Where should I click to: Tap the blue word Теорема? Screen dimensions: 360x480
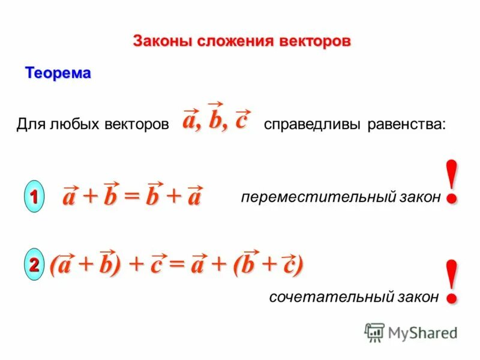tap(58, 74)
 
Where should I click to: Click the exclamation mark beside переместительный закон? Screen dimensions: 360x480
tap(454, 181)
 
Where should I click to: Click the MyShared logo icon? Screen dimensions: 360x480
tap(374, 332)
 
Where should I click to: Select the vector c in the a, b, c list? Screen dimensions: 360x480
tap(241, 121)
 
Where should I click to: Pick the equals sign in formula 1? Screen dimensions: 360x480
tap(132, 197)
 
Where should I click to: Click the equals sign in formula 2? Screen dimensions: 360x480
tap(177, 265)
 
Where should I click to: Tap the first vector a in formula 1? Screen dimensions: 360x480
tap(71, 197)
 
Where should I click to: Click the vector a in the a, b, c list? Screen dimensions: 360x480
tap(191, 121)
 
